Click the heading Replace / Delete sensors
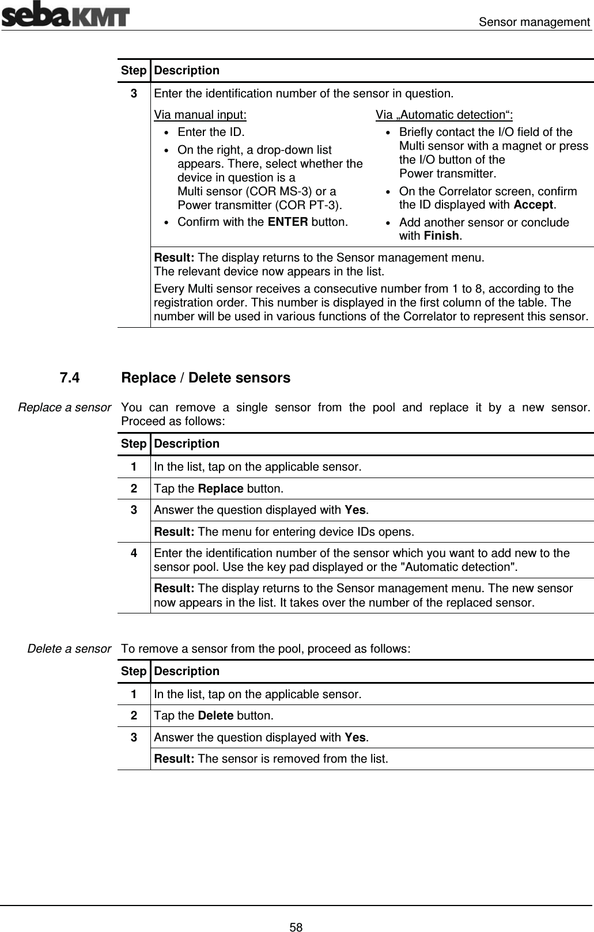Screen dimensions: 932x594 click(x=206, y=378)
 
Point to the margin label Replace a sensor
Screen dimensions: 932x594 click(x=65, y=407)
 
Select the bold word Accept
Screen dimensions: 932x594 click(x=533, y=204)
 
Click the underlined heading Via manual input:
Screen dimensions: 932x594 click(x=200, y=114)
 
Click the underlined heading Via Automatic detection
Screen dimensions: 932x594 click(x=445, y=114)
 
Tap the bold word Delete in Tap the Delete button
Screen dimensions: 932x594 click(x=215, y=716)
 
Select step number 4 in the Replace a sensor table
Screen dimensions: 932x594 click(x=134, y=553)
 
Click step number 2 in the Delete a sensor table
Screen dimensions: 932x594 click(x=134, y=716)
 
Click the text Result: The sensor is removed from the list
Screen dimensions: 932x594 click(x=271, y=759)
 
